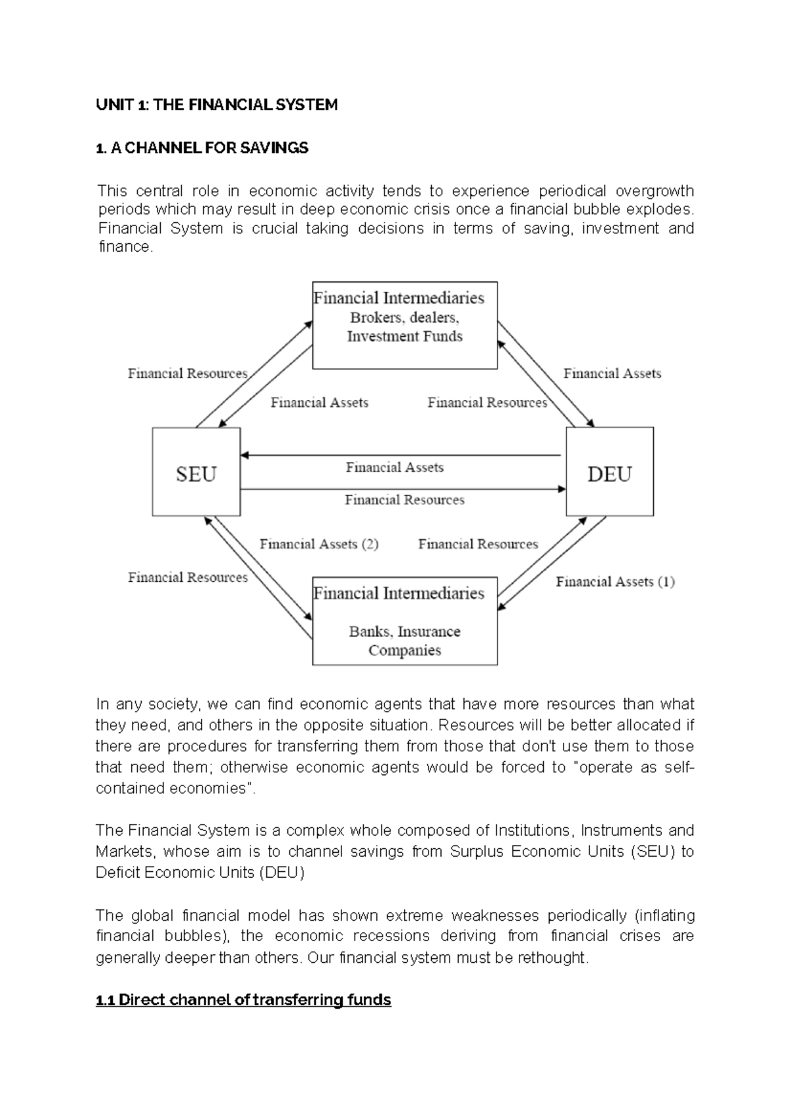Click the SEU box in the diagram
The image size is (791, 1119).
196,472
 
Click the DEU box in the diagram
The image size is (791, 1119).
610,472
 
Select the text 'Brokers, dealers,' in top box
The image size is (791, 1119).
404,318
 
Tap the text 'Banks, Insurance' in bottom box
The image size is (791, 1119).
404,631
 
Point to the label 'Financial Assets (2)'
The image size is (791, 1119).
319,544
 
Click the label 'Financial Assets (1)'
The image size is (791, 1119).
615,582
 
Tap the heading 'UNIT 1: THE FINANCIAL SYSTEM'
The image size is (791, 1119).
217,105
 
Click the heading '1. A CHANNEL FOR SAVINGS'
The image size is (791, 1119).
202,148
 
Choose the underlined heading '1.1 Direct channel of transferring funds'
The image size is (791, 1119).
243,1000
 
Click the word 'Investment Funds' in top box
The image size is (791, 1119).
405,337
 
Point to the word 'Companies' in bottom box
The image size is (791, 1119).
405,650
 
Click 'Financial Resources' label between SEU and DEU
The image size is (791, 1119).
405,500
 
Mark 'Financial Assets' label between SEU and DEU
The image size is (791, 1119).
395,468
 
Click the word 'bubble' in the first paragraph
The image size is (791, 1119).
597,210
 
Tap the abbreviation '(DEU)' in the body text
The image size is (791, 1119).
283,873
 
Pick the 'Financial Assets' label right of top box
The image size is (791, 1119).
612,374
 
